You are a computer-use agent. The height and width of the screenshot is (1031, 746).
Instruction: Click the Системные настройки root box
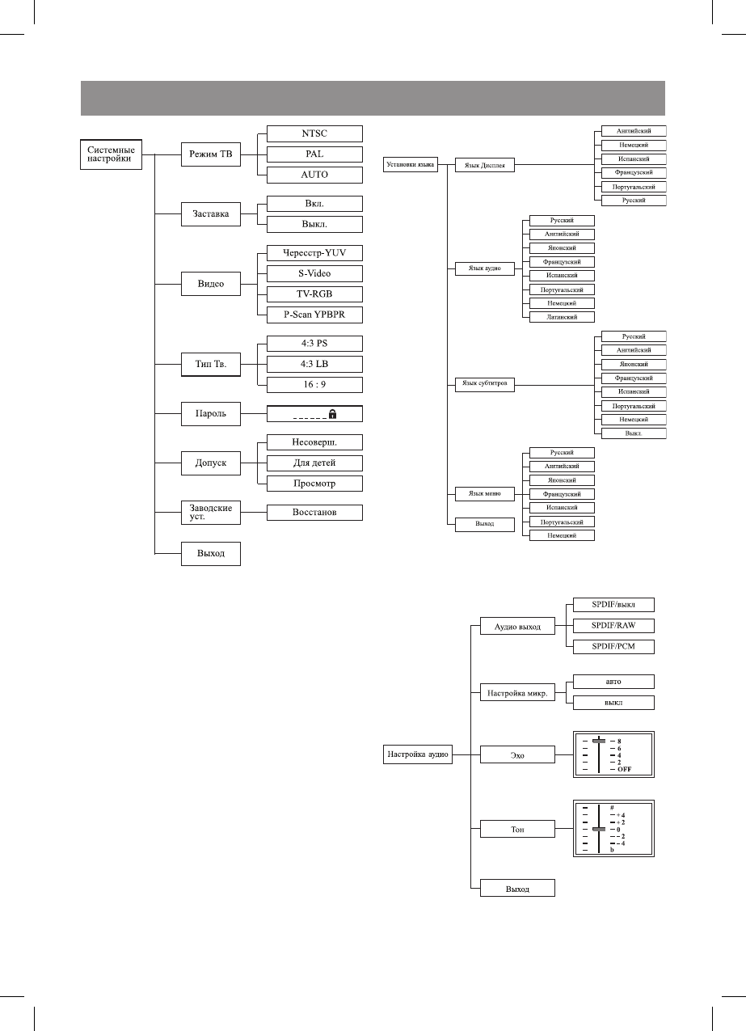tap(110, 154)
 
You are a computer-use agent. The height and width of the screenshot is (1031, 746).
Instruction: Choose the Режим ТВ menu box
tap(210, 154)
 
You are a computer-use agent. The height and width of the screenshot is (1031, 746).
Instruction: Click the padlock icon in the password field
tap(332, 413)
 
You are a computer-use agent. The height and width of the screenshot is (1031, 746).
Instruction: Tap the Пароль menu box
tap(210, 414)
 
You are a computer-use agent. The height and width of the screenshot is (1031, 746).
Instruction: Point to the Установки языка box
tap(410, 165)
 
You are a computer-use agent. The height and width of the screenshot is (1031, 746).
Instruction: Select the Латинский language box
tap(561, 317)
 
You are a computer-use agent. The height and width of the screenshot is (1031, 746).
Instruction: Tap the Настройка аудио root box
tap(417, 754)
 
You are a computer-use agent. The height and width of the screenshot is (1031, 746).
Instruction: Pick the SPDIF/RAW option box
tap(613, 625)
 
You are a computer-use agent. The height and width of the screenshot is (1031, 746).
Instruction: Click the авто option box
tap(613, 681)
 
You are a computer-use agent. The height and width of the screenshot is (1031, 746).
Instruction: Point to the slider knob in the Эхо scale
tap(599, 740)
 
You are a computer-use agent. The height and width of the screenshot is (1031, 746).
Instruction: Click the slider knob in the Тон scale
tap(599, 829)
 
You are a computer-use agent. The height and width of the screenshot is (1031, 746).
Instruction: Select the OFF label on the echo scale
tap(624, 769)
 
